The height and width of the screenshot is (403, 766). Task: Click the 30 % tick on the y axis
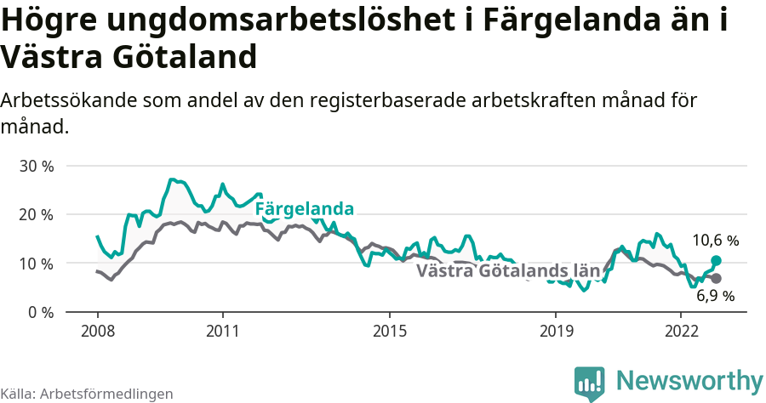(x=37, y=166)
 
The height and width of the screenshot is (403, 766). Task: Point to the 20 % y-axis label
(x=37, y=214)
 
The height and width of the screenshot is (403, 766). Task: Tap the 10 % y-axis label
(x=37, y=264)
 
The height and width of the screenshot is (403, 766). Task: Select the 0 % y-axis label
(x=41, y=312)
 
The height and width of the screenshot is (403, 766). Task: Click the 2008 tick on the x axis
(x=97, y=330)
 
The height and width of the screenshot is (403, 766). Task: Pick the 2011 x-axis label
(x=222, y=330)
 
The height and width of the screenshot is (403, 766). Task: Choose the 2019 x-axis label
(x=555, y=330)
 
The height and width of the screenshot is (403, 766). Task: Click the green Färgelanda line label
(x=305, y=208)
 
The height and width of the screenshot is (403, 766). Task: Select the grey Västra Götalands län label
(x=508, y=271)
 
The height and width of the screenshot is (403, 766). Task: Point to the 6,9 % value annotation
(x=715, y=297)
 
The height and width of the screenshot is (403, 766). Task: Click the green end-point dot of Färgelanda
(x=716, y=260)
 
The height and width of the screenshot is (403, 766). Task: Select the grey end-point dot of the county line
(x=716, y=279)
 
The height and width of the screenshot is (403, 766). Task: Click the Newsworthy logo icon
(x=589, y=383)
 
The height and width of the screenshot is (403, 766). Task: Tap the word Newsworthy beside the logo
(x=689, y=380)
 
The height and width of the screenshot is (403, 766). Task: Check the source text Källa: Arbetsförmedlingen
(x=87, y=394)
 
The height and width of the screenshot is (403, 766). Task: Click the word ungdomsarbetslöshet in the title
(x=268, y=21)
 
